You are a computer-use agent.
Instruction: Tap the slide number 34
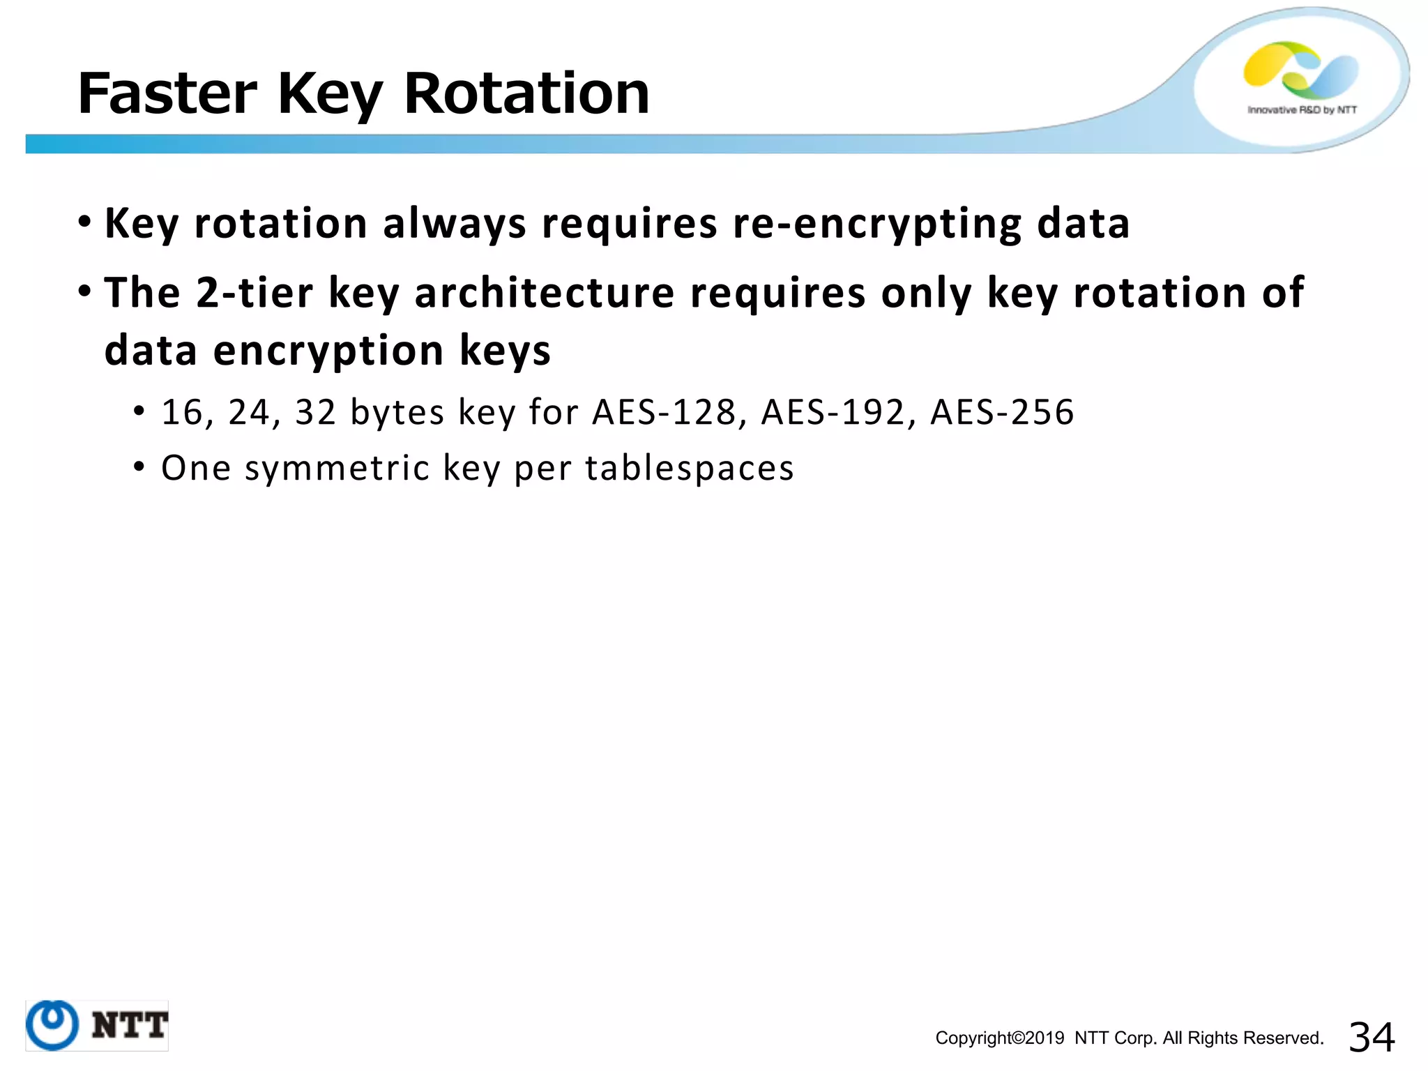click(x=1371, y=1037)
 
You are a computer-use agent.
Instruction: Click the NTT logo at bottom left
click(x=97, y=1025)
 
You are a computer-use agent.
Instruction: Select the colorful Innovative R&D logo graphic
click(x=1300, y=70)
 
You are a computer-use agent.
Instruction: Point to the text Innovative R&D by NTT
click(x=1302, y=110)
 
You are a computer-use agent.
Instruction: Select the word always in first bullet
click(x=454, y=225)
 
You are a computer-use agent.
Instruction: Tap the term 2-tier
click(x=254, y=292)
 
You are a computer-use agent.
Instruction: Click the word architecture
click(x=544, y=292)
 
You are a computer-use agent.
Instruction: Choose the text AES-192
click(x=833, y=412)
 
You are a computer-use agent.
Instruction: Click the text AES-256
click(x=1002, y=412)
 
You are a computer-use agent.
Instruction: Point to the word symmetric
click(x=337, y=468)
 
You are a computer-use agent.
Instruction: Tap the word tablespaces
click(x=689, y=468)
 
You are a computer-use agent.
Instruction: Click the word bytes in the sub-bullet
click(x=396, y=412)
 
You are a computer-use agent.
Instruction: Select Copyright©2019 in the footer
click(x=999, y=1038)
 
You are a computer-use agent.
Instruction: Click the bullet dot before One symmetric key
click(x=139, y=466)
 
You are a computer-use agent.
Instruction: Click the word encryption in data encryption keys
click(x=328, y=350)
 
